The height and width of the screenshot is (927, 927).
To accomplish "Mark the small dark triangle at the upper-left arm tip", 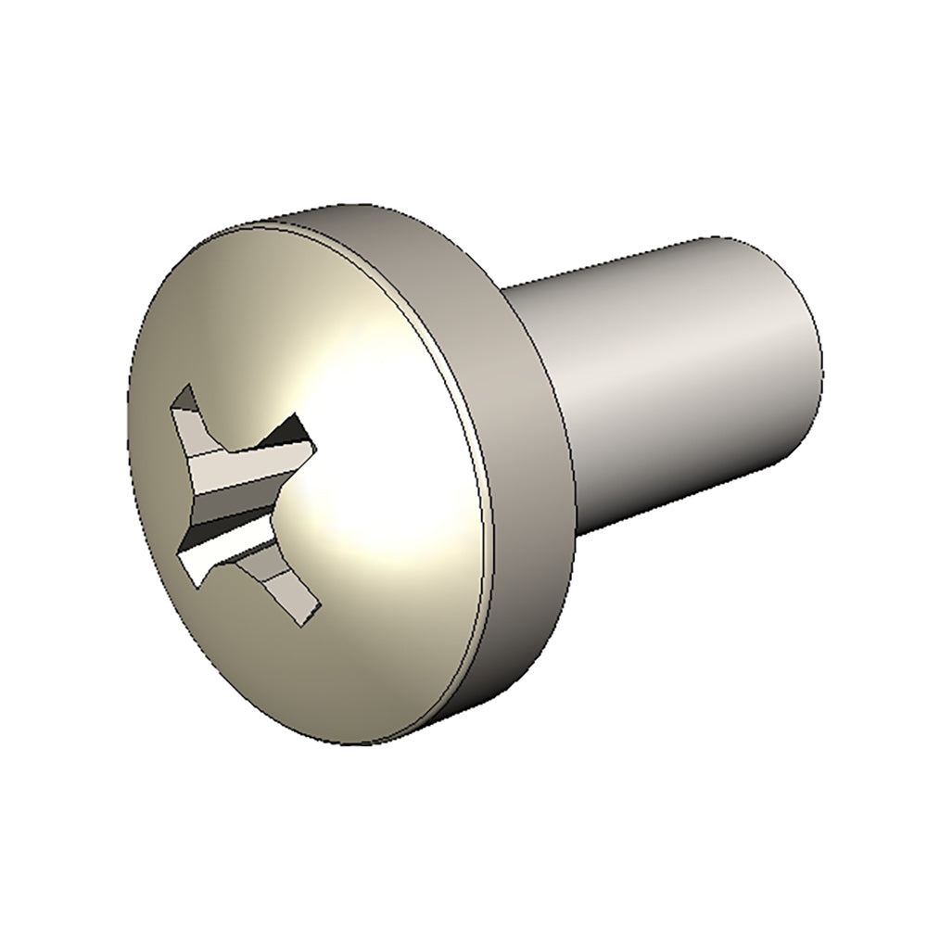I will tap(184, 399).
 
